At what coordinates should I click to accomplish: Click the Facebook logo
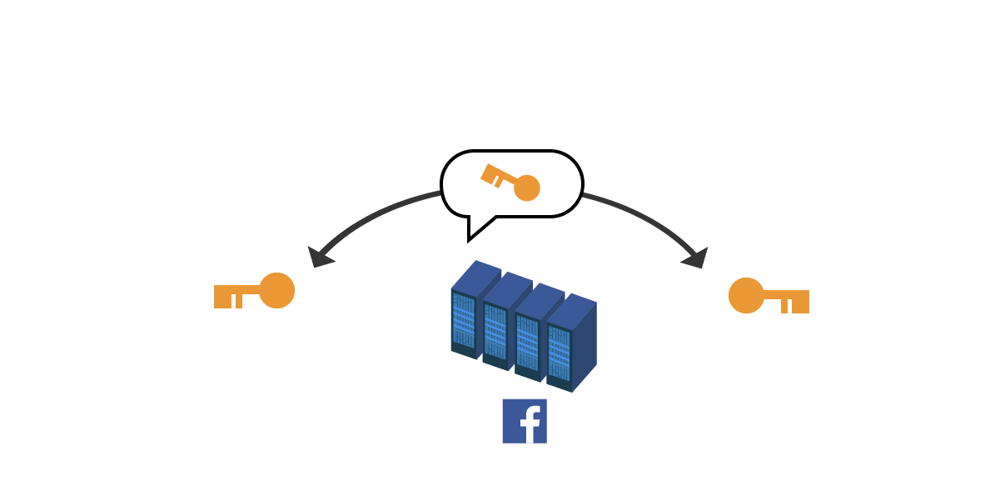pyautogui.click(x=525, y=421)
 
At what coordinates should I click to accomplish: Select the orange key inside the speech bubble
pyautogui.click(x=510, y=182)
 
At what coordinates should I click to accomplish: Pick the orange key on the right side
pyautogui.click(x=769, y=296)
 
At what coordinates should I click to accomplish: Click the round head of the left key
pyautogui.click(x=277, y=290)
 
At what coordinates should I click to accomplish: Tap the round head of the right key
pyautogui.click(x=746, y=295)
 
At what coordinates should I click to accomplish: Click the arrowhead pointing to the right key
pyautogui.click(x=696, y=258)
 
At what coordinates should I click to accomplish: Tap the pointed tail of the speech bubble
pyautogui.click(x=475, y=231)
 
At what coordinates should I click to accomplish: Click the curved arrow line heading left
pyautogui.click(x=375, y=213)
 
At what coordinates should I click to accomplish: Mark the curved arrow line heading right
pyautogui.click(x=645, y=217)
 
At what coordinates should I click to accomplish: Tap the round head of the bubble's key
pyautogui.click(x=527, y=188)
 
